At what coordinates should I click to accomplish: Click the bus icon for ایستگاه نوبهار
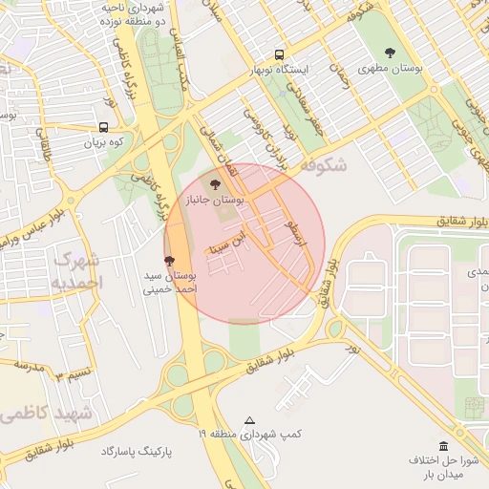279,54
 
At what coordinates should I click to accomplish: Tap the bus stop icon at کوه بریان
103,127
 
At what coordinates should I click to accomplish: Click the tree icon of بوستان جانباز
214,179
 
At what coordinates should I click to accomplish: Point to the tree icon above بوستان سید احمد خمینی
170,259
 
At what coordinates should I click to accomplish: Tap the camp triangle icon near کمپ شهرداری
250,420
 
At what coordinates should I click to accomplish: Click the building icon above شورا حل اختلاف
443,446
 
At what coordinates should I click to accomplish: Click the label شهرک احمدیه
76,270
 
